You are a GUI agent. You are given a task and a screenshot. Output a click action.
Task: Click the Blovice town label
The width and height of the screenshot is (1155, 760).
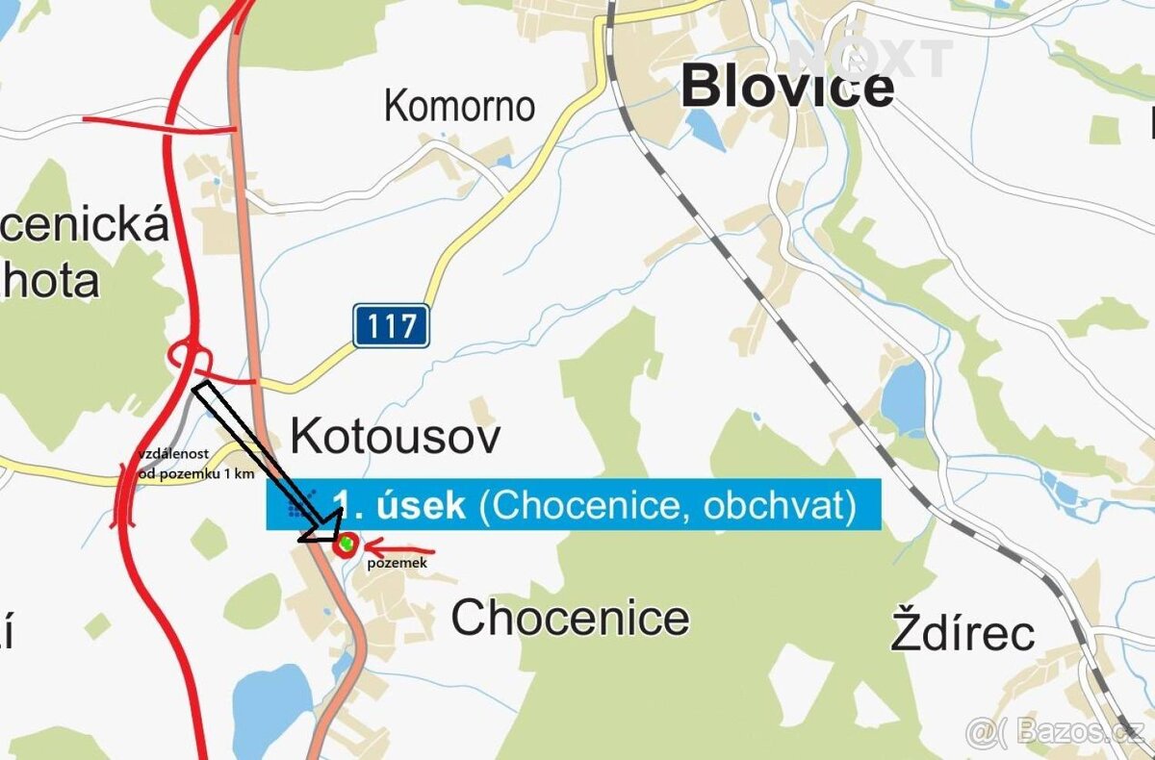(x=787, y=88)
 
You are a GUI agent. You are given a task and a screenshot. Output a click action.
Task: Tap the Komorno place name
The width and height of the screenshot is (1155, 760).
(x=459, y=106)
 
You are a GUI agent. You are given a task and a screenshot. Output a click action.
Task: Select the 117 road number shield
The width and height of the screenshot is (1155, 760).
(x=391, y=325)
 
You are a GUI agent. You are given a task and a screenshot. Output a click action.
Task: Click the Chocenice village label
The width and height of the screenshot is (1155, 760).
(x=570, y=618)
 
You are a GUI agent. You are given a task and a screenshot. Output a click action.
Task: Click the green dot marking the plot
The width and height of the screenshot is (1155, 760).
(x=346, y=545)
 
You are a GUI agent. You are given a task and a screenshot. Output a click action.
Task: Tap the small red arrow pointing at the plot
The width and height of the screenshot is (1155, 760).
(x=399, y=552)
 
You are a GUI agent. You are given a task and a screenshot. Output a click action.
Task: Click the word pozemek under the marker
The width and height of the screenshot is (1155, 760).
(x=397, y=564)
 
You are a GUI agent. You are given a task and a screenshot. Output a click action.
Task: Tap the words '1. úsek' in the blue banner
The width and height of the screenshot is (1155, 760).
(x=398, y=504)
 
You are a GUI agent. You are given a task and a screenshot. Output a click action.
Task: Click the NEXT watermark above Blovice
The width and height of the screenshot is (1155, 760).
(x=871, y=58)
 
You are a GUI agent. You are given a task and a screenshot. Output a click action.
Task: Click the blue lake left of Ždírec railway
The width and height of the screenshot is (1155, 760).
(x=902, y=399)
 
